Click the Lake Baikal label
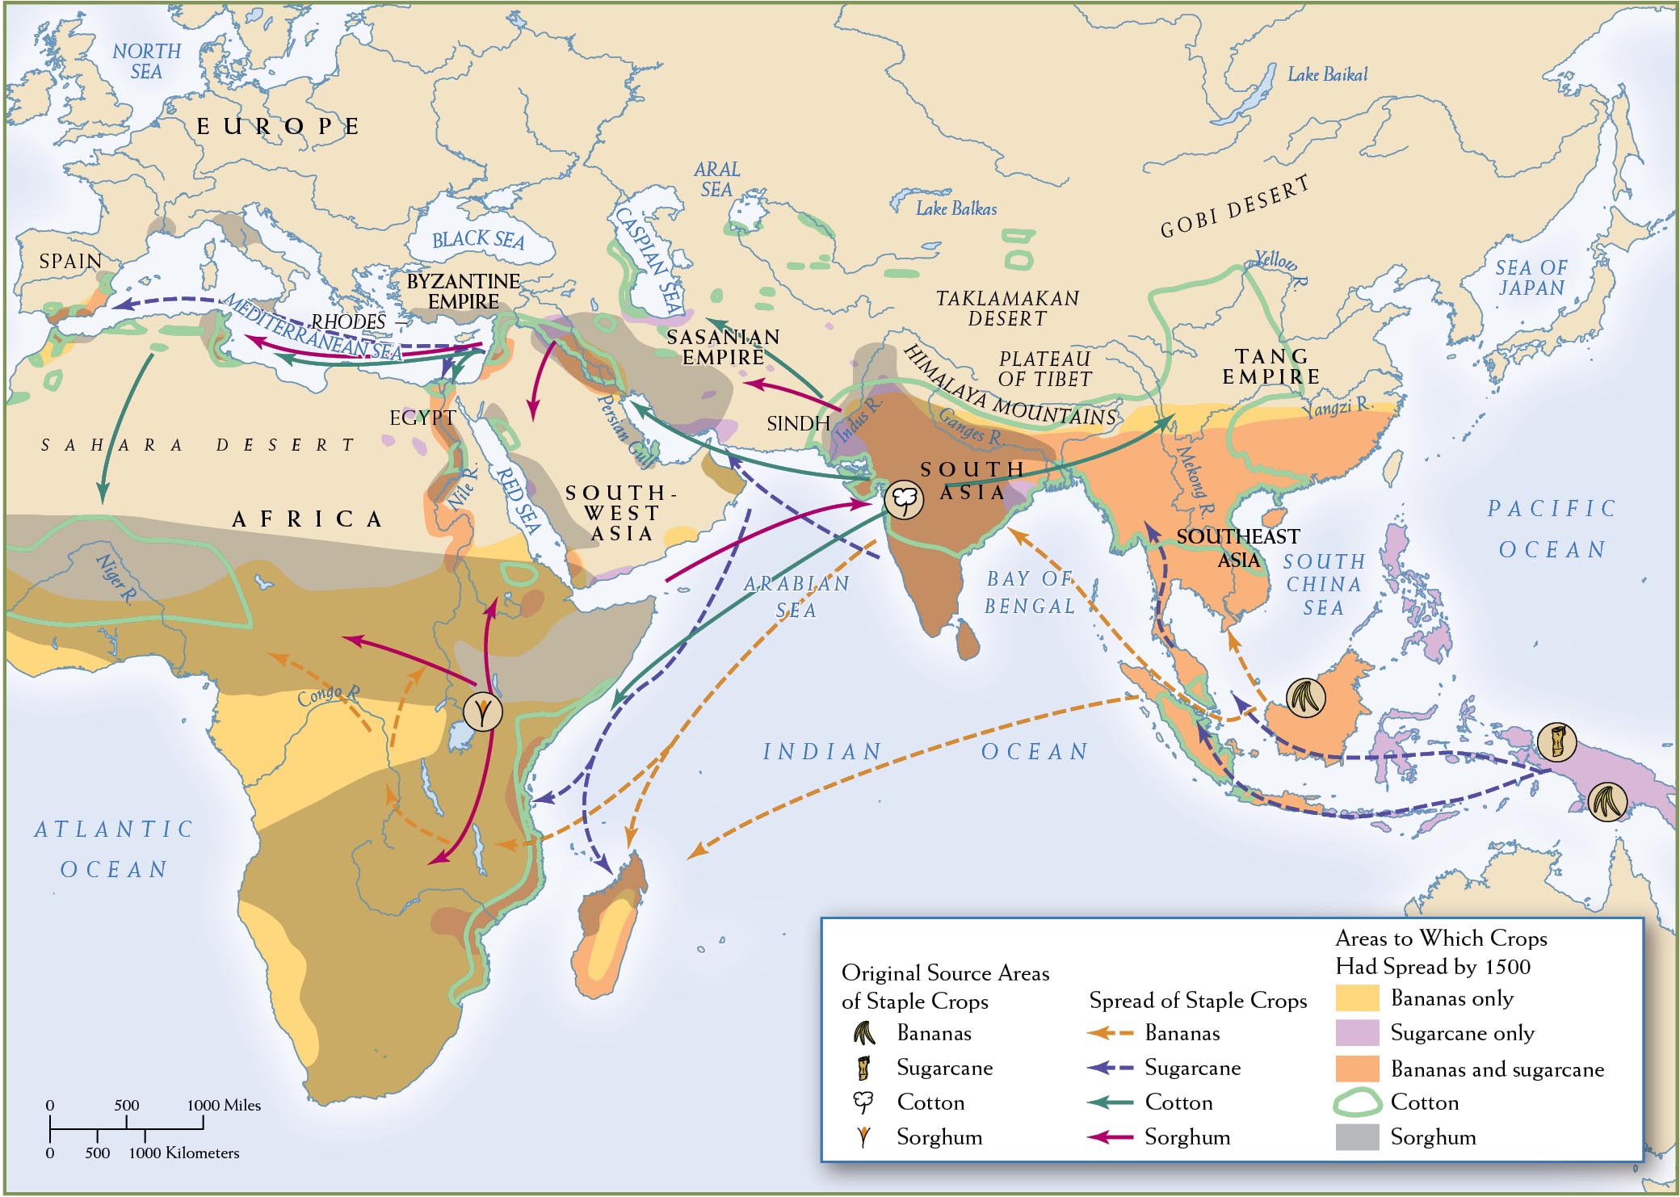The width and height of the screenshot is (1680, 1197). point(1327,75)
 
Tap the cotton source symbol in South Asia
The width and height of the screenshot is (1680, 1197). point(903,500)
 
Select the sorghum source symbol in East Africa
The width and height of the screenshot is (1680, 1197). point(483,712)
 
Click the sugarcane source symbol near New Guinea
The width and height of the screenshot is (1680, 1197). point(1556,741)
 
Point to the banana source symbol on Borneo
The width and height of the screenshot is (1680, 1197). point(1305,697)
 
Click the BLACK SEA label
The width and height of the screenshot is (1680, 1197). point(478,240)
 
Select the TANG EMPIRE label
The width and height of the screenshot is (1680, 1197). point(1270,367)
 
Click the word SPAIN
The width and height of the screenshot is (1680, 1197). point(71,262)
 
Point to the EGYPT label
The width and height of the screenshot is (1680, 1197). point(422,418)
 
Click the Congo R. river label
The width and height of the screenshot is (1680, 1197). point(328,695)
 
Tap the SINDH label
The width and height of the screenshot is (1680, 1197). point(798,423)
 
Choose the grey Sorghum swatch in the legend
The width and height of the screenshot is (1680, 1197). point(1357,1137)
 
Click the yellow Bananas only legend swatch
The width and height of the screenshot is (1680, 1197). point(1357,998)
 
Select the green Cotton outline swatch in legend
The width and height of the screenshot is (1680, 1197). point(1357,1102)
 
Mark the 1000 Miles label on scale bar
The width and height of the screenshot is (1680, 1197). point(224,1106)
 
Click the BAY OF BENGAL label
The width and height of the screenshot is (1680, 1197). point(1029,592)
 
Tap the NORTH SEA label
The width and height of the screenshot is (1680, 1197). point(146,61)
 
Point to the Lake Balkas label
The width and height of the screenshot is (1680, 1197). point(955,209)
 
